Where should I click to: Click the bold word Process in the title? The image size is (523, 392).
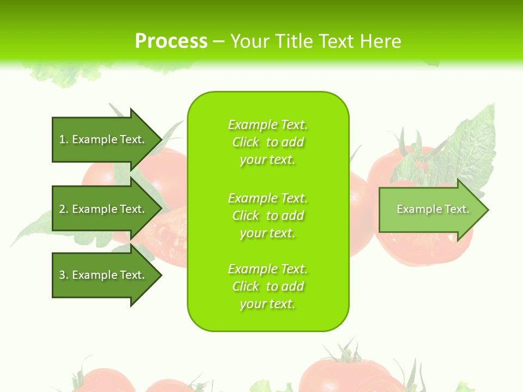171,41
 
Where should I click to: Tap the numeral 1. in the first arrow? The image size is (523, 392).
64,139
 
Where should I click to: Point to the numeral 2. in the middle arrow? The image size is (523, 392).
64,209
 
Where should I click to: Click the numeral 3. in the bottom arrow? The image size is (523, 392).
64,275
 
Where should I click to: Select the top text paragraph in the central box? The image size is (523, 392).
267,142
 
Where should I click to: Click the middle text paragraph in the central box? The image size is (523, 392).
267,216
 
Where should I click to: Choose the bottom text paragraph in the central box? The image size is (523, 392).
267,286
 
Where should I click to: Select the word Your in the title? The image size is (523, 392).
252,41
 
